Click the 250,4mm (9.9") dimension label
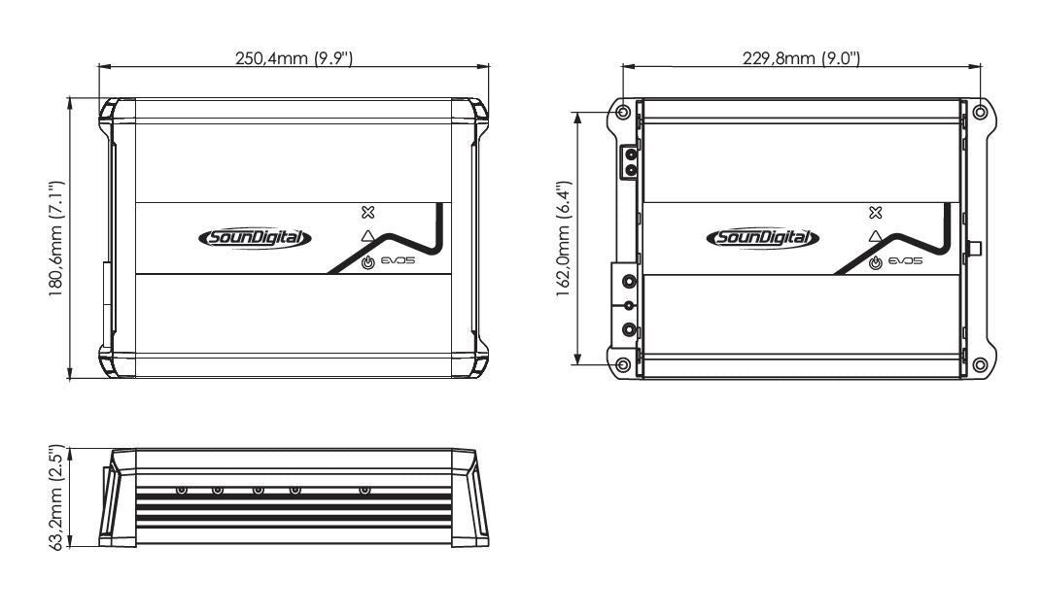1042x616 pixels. click(x=294, y=58)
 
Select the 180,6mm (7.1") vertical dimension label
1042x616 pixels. click(x=57, y=238)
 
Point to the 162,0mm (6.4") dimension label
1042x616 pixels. click(x=564, y=238)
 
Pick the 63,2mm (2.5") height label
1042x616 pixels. click(x=57, y=497)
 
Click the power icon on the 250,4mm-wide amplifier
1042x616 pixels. click(x=367, y=263)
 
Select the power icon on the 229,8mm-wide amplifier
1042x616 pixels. click(x=876, y=263)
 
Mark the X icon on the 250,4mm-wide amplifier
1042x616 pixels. click(x=366, y=212)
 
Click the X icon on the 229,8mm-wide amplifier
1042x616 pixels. click(x=876, y=212)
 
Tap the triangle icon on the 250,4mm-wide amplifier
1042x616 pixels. click(x=366, y=236)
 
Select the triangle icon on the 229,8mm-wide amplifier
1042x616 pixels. click(x=876, y=236)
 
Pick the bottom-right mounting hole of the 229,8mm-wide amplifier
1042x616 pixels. click(x=979, y=365)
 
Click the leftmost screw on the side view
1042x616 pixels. click(x=181, y=490)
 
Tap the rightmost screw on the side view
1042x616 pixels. click(x=365, y=490)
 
